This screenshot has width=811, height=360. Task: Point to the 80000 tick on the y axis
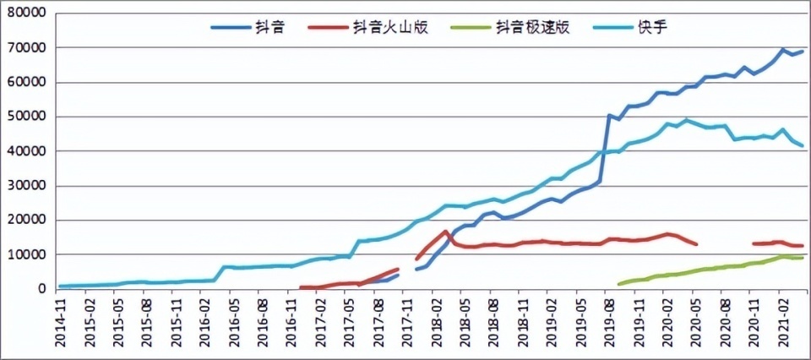coord(27,14)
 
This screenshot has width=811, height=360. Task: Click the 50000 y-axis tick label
coord(27,117)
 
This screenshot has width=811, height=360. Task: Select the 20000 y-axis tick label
coord(27,220)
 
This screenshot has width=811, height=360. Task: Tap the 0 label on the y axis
coord(41,289)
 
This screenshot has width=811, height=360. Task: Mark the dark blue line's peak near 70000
coord(783,50)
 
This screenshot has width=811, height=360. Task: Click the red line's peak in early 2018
coord(446,232)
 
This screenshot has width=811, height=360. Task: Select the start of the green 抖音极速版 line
coord(619,284)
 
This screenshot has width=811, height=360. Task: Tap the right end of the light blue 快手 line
coord(803,146)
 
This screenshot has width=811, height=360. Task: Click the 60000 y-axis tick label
coord(27,83)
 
